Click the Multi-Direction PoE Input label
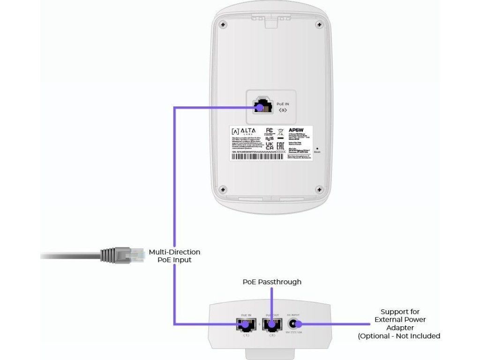pyautogui.click(x=175, y=255)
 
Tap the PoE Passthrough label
pyautogui.click(x=272, y=282)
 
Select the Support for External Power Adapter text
pyautogui.click(x=400, y=323)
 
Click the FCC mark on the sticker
pyautogui.click(x=270, y=130)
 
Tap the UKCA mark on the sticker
pyautogui.click(x=270, y=147)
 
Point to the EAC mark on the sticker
pyautogui.click(x=280, y=147)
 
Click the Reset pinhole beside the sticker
pyautogui.click(x=317, y=147)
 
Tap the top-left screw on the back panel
pyautogui.click(x=224, y=25)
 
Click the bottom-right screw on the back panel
pyautogui.click(x=319, y=189)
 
